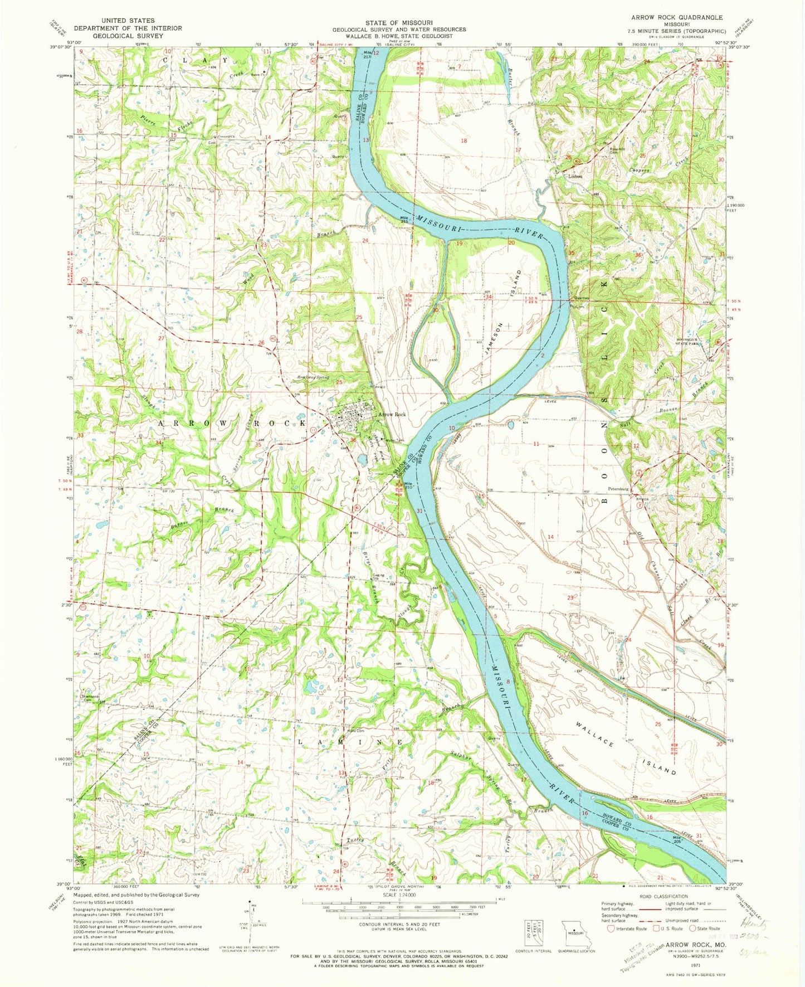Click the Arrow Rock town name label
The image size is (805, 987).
coord(393,415)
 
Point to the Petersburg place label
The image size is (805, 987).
coord(618,489)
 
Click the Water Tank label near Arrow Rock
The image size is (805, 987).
coord(395,440)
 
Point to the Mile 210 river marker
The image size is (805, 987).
coord(408,485)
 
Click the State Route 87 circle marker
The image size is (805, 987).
coord(718,341)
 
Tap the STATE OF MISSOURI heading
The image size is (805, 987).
coord(399,23)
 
